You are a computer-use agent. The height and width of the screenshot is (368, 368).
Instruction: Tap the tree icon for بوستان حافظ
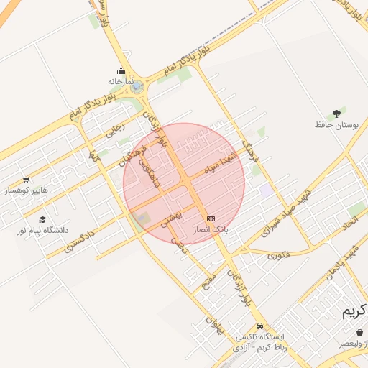click(336, 113)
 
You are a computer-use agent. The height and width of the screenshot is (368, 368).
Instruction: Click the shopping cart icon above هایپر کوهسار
click(27, 180)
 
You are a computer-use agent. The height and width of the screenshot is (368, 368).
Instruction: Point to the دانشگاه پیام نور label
click(44, 231)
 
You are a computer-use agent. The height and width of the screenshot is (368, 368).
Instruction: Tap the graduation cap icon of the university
click(42, 219)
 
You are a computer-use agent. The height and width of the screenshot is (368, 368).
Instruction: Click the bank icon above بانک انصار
click(211, 218)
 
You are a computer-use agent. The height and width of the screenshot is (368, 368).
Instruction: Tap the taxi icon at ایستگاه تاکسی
click(259, 326)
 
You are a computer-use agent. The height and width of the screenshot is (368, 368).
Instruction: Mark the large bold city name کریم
click(354, 312)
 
